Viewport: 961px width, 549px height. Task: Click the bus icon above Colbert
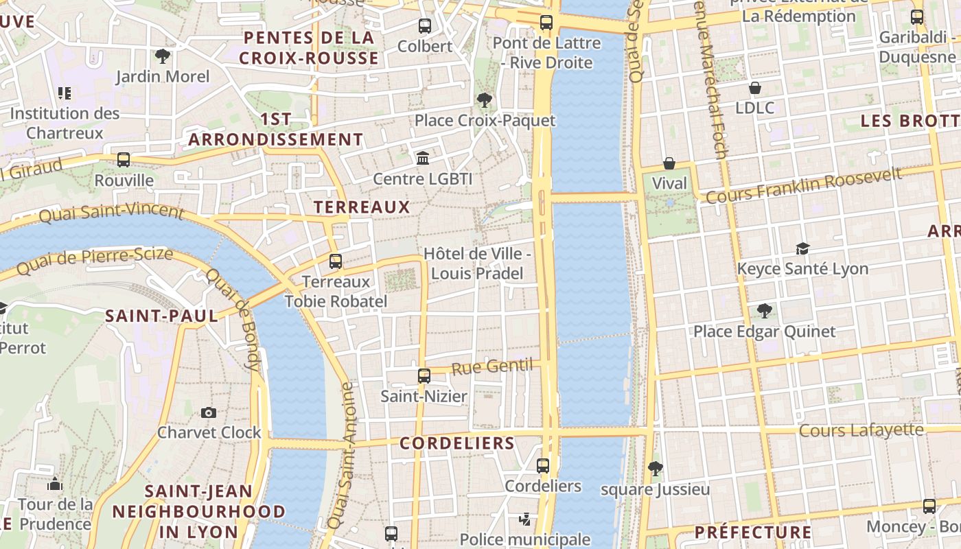(x=425, y=26)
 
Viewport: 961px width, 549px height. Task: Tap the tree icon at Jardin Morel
(x=163, y=56)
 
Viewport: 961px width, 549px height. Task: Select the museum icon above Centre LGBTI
(x=423, y=159)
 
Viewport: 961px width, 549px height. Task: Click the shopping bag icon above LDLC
(x=755, y=88)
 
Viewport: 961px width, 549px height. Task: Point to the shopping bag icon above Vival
(x=669, y=163)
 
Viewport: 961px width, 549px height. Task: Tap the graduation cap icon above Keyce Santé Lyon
(x=802, y=248)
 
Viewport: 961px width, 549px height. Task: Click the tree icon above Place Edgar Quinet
(x=764, y=312)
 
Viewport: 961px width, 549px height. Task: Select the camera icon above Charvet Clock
(x=209, y=412)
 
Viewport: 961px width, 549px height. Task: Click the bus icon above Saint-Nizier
(x=424, y=376)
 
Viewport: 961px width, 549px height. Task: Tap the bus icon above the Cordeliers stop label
(x=543, y=466)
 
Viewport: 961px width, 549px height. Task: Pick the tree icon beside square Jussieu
(x=656, y=469)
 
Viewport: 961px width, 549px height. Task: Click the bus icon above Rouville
(x=124, y=160)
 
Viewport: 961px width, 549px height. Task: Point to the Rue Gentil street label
(x=491, y=366)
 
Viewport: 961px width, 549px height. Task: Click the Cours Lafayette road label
(x=861, y=430)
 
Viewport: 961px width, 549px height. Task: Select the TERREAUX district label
(x=361, y=207)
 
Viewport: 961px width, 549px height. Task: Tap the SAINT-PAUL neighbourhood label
(x=161, y=316)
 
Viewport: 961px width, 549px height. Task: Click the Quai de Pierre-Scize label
(x=95, y=261)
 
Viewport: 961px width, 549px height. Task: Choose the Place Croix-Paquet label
(x=485, y=121)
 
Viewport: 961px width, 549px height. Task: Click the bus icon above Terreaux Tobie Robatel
(x=336, y=261)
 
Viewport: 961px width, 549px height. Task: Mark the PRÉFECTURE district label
(x=753, y=532)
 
